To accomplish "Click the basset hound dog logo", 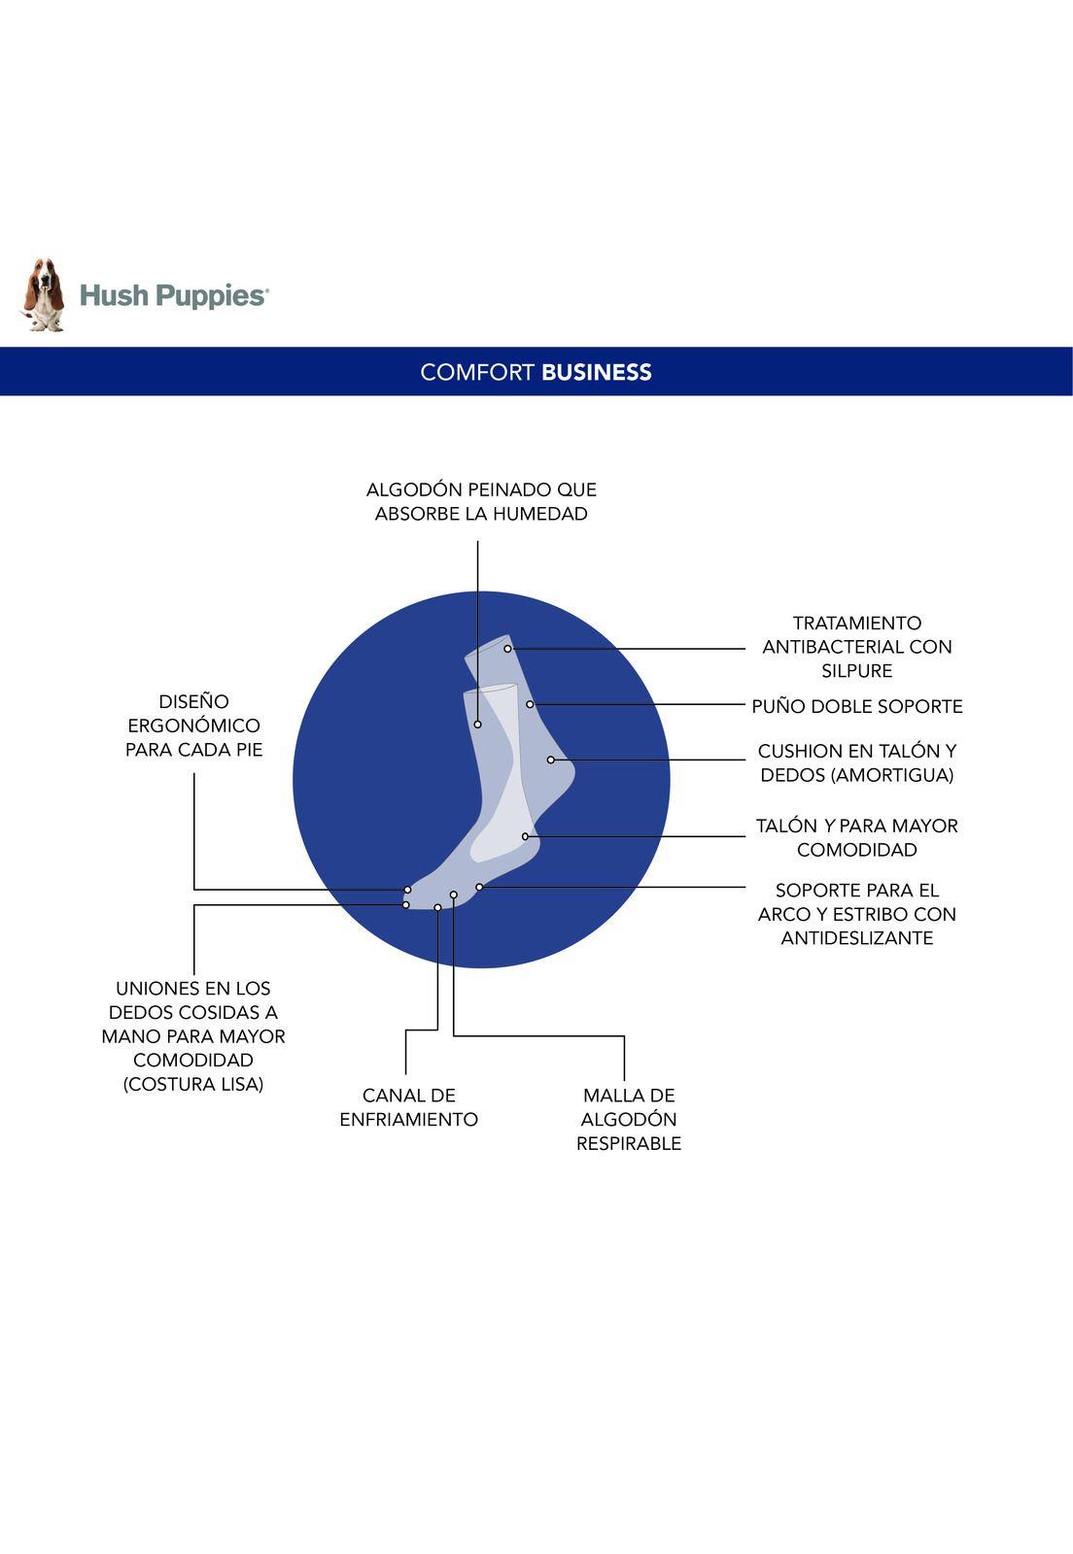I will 43,295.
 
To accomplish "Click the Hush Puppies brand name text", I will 173,295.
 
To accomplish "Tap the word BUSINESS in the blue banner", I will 596,372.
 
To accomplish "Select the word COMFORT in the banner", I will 477,372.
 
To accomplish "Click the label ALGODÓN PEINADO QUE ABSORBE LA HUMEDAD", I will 481,501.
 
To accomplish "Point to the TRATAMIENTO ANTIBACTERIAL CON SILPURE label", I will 856,646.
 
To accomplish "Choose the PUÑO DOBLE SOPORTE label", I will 856,706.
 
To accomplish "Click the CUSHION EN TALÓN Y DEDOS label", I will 856,762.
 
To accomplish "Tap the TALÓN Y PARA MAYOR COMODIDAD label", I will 856,837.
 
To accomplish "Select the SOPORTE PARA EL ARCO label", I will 856,913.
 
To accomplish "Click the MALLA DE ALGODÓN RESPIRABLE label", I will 628,1119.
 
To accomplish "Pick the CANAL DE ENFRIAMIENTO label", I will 408,1107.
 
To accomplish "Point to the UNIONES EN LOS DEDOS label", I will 193,1035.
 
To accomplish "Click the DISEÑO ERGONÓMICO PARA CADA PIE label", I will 193,725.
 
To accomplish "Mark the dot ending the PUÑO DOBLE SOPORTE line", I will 530,704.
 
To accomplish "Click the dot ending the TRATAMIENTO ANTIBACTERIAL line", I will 507,649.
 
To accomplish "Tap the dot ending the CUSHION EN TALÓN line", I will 550,760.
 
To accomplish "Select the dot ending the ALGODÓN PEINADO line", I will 477,725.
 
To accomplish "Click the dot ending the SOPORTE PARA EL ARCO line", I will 479,887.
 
